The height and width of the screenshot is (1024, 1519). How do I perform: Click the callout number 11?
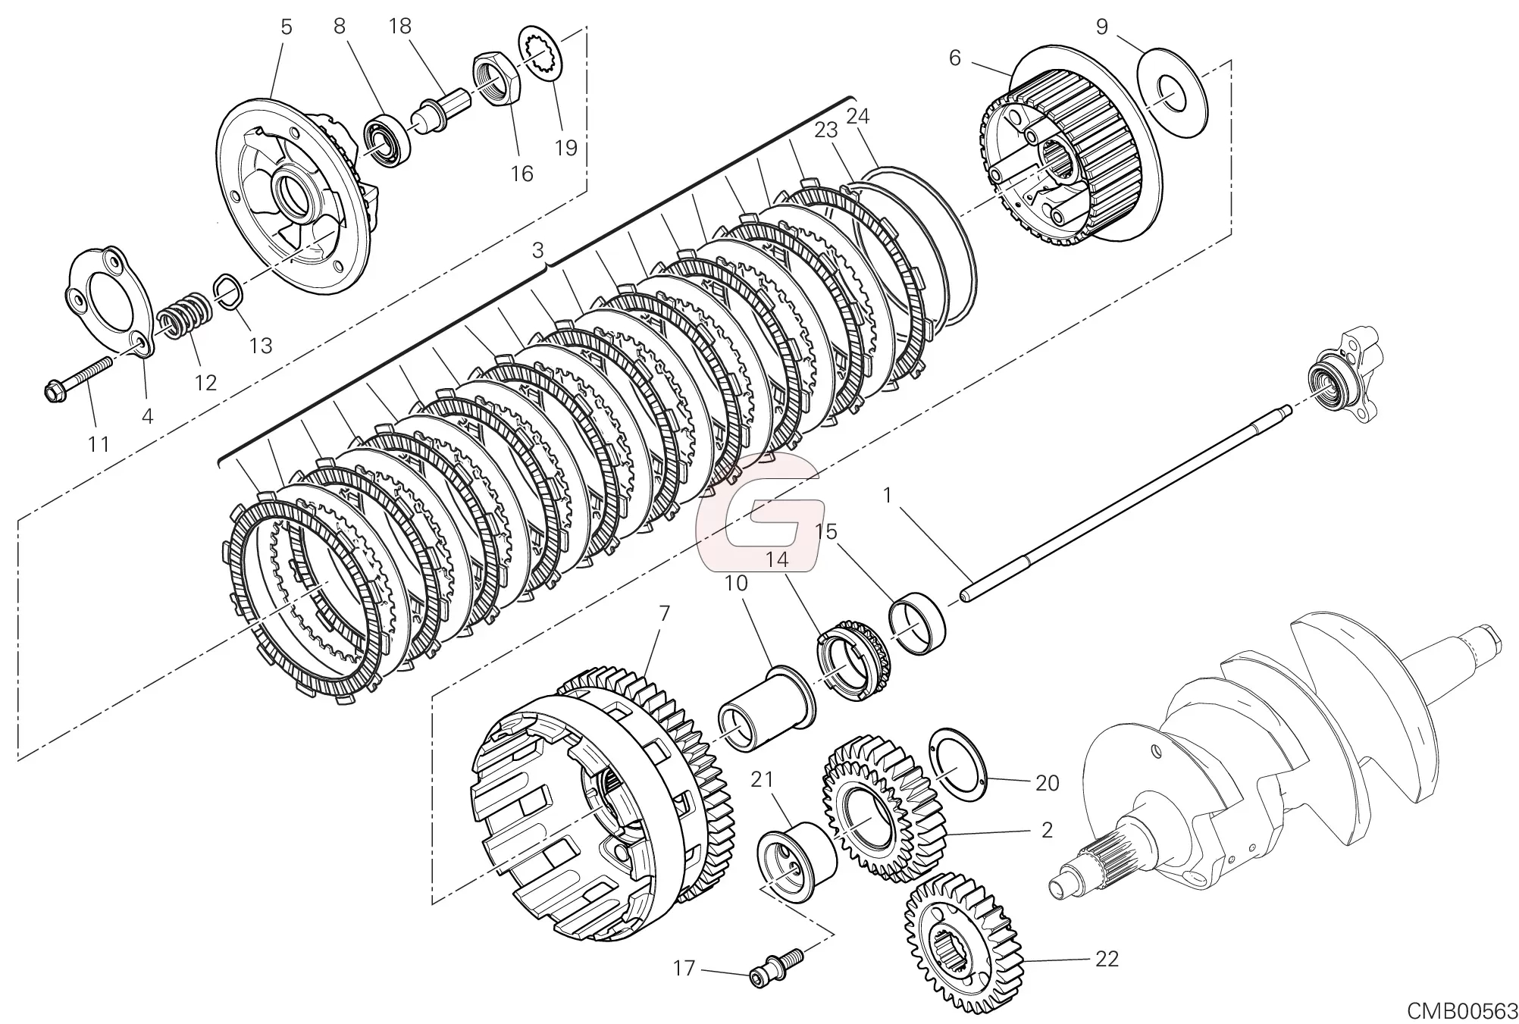click(99, 443)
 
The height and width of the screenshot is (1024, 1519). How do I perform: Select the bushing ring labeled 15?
click(918, 622)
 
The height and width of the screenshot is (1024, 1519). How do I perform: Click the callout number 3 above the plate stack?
click(538, 250)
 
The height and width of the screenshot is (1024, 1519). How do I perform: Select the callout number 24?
click(857, 116)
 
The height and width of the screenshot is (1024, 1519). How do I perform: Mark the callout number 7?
click(665, 614)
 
